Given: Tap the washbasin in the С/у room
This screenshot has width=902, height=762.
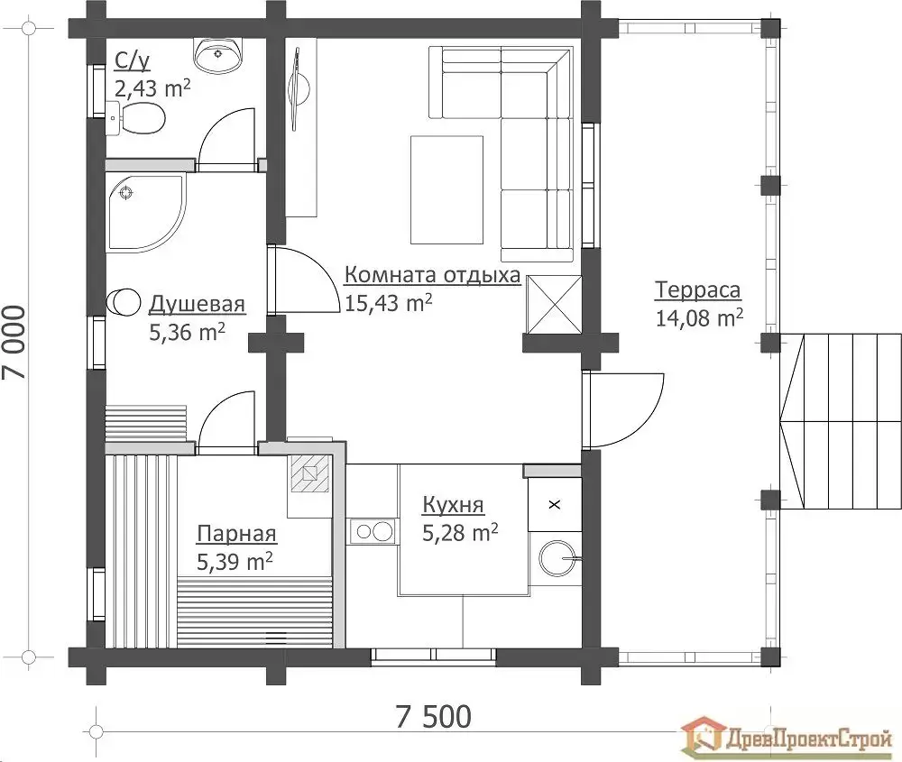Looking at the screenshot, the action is click(x=218, y=55).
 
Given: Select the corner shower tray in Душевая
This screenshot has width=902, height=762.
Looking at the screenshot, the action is click(x=146, y=212).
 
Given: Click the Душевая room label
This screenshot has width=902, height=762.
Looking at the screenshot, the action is click(x=198, y=304).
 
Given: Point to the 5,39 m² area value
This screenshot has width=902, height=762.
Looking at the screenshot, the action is click(x=235, y=561).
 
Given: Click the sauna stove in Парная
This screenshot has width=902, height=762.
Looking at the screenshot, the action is click(x=310, y=473).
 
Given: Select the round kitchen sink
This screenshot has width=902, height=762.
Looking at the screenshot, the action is click(x=557, y=557).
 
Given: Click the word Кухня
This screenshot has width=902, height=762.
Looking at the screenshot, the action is click(x=454, y=505).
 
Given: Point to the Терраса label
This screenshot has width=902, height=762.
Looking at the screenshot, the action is click(x=698, y=289).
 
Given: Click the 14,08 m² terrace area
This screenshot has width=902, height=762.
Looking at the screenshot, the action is click(x=700, y=317).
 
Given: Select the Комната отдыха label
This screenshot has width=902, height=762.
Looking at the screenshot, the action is click(x=433, y=275).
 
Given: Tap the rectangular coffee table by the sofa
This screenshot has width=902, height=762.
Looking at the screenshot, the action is click(x=447, y=189).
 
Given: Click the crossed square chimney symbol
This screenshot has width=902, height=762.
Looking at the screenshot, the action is click(x=555, y=304).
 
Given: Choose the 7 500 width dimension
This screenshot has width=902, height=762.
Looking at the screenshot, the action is click(x=434, y=717).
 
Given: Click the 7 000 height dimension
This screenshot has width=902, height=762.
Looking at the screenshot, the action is click(x=15, y=342).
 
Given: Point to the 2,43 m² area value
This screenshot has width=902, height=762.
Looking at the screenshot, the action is click(x=152, y=89).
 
